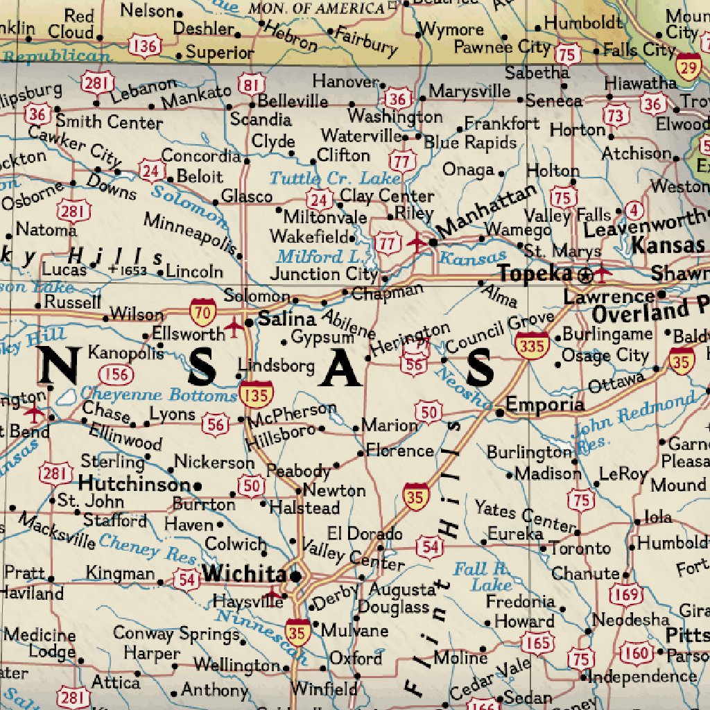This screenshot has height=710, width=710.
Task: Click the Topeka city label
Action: tap(535, 273)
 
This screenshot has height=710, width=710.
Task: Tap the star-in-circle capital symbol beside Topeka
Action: tap(586, 275)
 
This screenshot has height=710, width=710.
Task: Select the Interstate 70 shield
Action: tap(203, 312)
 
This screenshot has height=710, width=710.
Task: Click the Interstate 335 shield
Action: tap(532, 345)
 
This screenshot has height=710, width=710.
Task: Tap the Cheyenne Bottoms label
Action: tap(158, 395)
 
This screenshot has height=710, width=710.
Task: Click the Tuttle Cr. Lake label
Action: tap(335, 178)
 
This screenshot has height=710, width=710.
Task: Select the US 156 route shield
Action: tap(116, 375)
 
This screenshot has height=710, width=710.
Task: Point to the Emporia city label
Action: tap(545, 404)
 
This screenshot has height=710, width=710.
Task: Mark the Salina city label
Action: tap(287, 320)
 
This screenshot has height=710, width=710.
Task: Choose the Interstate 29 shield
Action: tap(689, 67)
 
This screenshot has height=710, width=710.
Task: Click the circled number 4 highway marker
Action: tap(632, 209)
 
